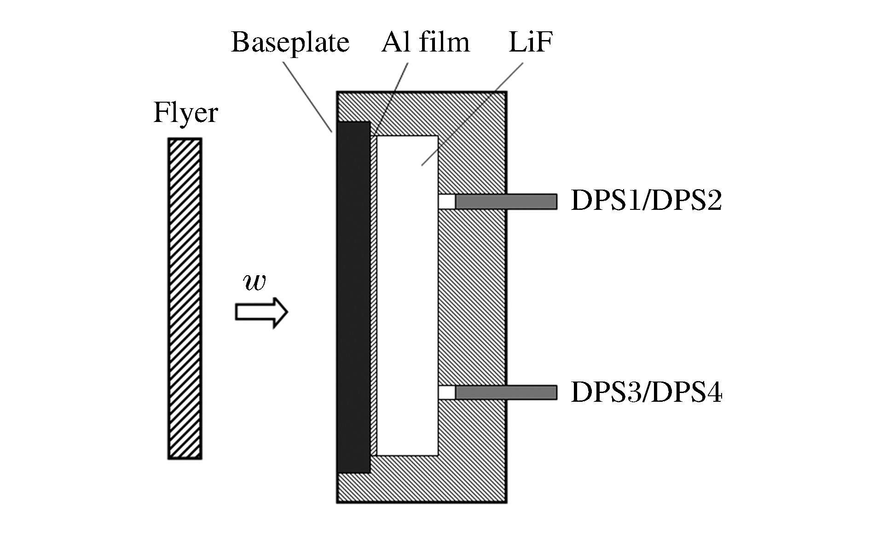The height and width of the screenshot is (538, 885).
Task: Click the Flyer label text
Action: pos(185,113)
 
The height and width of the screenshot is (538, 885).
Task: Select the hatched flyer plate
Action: pos(185,299)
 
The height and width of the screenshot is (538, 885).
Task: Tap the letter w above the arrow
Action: pos(255,282)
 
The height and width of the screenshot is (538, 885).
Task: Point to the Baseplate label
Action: pos(290,43)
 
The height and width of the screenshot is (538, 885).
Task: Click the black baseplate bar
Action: pos(353,297)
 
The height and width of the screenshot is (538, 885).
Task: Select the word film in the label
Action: pos(445,42)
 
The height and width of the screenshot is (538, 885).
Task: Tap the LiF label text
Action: pos(530,42)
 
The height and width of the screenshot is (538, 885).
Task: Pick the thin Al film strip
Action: pos(374,295)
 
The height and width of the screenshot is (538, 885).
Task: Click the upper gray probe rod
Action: pos(506,202)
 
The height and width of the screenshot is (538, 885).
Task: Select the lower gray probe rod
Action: pos(506,393)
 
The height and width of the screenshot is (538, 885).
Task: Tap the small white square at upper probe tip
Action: pos(446,202)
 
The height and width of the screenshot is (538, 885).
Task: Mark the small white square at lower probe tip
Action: pos(446,393)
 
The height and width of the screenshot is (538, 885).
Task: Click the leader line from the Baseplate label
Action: pos(307,96)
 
